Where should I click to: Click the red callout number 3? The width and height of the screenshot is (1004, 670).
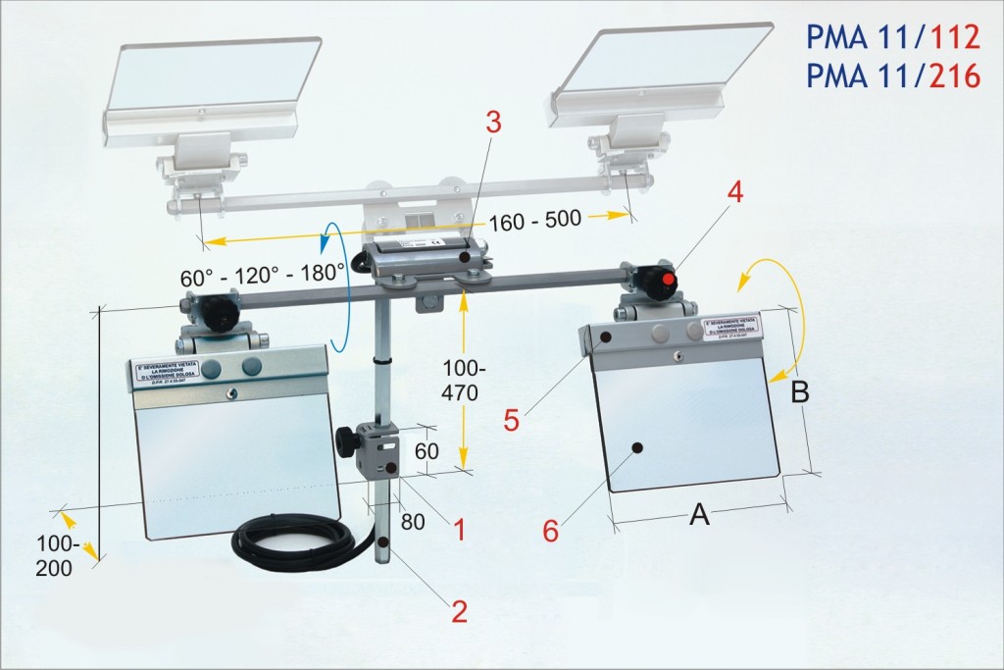(493, 124)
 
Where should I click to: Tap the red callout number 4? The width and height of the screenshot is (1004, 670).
(733, 190)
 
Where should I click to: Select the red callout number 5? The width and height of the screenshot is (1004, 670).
(511, 421)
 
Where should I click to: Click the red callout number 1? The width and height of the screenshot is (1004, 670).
(456, 529)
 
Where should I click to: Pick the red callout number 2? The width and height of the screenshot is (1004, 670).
(458, 611)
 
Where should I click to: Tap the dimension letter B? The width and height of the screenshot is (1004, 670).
(800, 392)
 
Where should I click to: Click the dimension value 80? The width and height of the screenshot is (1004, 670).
(413, 521)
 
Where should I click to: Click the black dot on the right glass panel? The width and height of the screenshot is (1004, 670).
(637, 447)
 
